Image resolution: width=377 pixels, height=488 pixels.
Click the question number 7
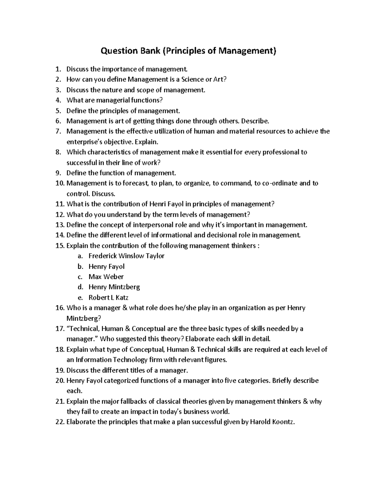pyautogui.click(x=58, y=131)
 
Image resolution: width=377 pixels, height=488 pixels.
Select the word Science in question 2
pyautogui.click(x=190, y=80)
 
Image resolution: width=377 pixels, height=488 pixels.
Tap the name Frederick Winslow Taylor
pyautogui.click(x=126, y=256)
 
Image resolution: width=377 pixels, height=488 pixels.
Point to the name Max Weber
pyautogui.click(x=106, y=277)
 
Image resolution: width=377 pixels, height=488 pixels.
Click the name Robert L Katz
pyautogui.click(x=108, y=298)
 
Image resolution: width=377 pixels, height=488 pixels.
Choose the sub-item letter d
pyautogui.click(x=80, y=287)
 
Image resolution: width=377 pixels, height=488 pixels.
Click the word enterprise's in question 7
pyautogui.click(x=83, y=142)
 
